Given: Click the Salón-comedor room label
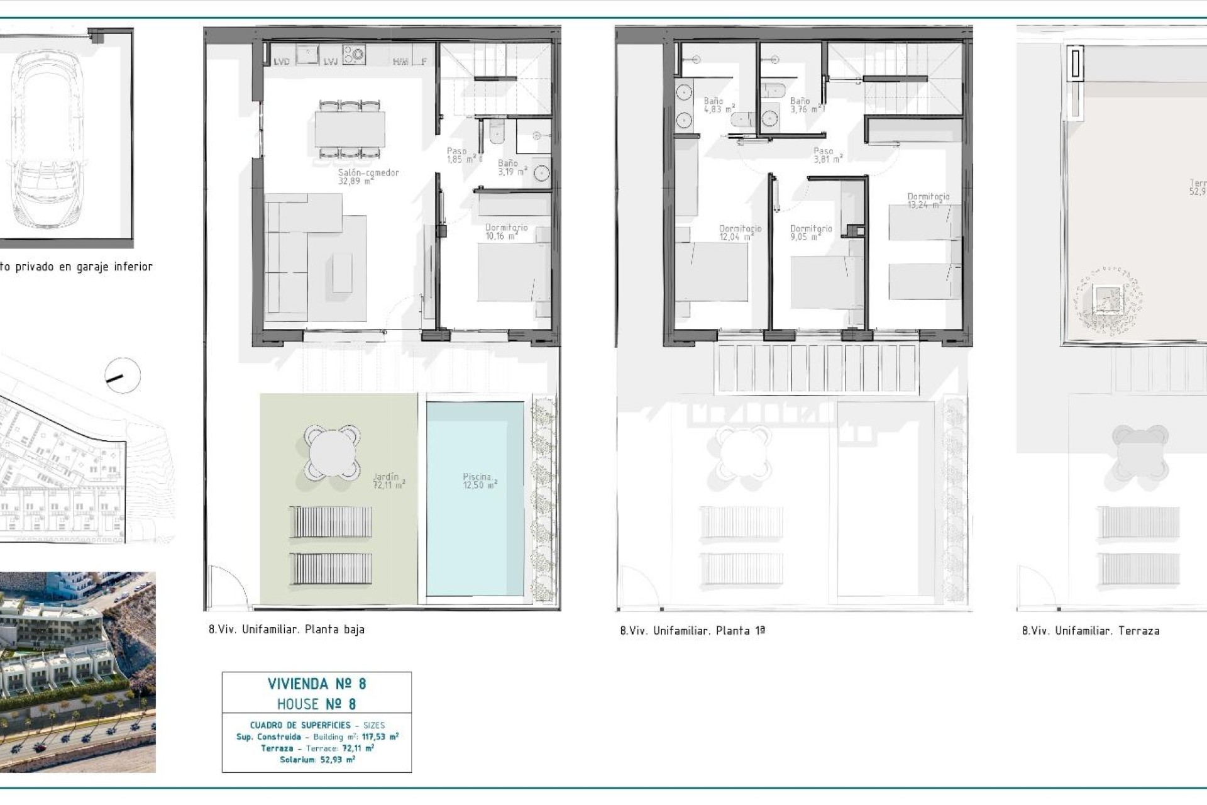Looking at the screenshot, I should [368, 177].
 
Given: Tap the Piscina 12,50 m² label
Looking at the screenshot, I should [480, 481].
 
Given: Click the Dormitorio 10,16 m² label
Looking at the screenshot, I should [506, 232].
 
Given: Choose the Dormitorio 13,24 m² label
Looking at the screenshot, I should [928, 201].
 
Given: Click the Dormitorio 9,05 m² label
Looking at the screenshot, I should [810, 233].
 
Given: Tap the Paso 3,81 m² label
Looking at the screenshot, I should [827, 155].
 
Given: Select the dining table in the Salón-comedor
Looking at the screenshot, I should [350, 130].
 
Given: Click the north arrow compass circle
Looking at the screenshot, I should [123, 376].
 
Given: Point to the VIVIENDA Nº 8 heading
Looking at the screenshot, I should [317, 684].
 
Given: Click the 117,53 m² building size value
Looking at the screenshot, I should [380, 737].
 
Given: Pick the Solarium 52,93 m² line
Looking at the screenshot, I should [317, 760].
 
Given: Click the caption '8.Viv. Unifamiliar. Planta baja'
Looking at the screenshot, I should [287, 630].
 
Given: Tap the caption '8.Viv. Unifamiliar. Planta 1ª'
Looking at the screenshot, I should [693, 631].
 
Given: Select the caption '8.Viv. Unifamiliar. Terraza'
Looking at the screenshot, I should [1091, 631].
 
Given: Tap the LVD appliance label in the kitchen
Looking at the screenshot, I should [281, 62].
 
